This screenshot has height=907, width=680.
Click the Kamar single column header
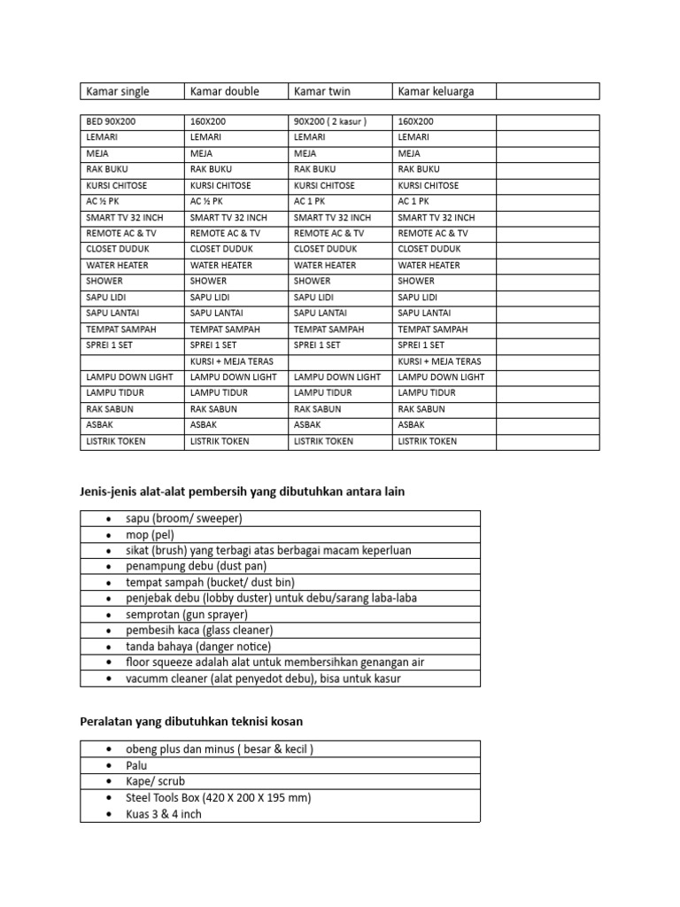118,91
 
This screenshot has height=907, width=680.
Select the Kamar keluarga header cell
437,91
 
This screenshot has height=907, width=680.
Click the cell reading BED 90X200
111,121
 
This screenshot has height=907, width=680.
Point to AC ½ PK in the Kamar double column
206,201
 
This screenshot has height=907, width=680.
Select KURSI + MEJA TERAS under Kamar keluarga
440,361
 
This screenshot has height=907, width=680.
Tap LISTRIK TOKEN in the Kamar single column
116,441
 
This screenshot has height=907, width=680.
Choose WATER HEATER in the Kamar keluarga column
429,265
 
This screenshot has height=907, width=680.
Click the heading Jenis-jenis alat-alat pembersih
242,492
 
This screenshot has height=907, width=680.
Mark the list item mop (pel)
151,534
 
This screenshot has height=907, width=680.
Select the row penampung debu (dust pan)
197,566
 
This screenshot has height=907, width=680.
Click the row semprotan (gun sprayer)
187,614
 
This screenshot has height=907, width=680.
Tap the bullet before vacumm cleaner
108,678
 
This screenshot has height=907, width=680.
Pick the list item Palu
137,765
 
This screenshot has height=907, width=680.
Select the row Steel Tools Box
219,797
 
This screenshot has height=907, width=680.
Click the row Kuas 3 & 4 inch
164,813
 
